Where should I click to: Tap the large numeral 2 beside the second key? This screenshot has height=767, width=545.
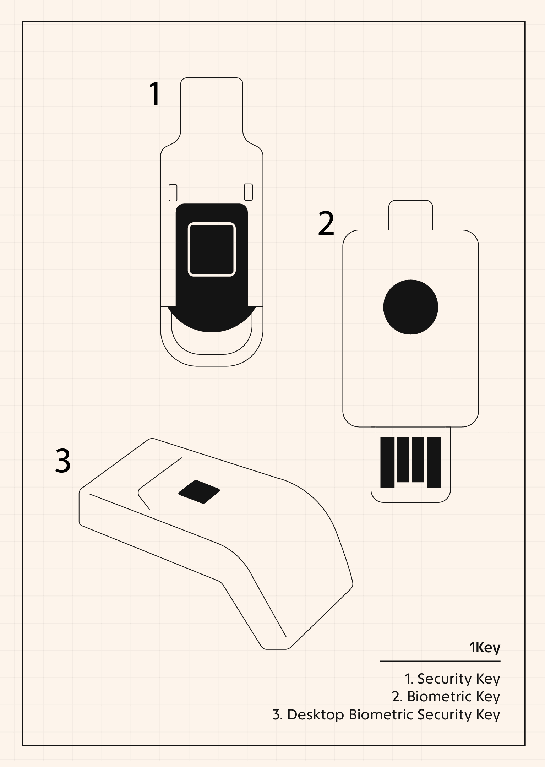tap(326, 223)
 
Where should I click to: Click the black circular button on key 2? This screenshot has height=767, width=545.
tap(410, 307)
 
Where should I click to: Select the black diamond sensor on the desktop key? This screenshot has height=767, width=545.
tap(199, 491)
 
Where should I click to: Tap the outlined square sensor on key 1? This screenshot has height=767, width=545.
tap(212, 249)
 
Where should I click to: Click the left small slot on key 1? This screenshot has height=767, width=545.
tap(173, 192)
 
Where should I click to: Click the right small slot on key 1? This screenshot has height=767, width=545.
tap(249, 192)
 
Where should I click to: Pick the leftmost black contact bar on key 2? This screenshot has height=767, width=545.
tap(387, 462)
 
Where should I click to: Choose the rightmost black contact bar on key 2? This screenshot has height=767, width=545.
tap(434, 462)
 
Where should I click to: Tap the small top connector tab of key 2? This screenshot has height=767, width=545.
tap(410, 215)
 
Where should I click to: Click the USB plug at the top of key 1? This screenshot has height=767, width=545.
tap(212, 107)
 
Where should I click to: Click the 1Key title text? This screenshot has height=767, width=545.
tap(484, 647)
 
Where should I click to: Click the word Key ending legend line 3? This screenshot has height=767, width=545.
tap(488, 714)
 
